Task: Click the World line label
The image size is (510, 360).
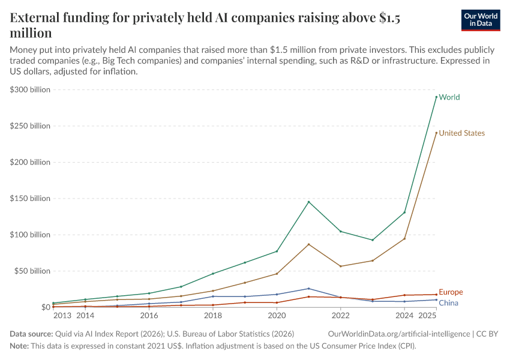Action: (449, 97)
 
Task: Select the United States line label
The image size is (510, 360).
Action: (461, 133)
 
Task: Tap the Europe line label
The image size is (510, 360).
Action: (451, 292)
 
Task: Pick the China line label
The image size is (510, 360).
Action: (448, 303)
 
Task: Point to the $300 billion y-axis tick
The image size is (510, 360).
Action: (29, 89)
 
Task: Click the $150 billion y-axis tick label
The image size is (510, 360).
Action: (29, 199)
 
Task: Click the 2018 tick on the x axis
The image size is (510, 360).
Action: (212, 315)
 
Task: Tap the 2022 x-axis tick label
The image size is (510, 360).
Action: (340, 315)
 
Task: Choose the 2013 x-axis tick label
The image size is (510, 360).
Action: (62, 315)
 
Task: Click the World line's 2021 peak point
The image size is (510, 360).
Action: (308, 202)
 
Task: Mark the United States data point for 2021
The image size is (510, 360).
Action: (308, 244)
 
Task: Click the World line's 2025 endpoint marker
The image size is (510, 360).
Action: (436, 97)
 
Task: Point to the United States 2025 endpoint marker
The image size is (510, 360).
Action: (436, 133)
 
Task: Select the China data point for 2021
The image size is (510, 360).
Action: (308, 289)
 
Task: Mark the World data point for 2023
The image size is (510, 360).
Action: (373, 240)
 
